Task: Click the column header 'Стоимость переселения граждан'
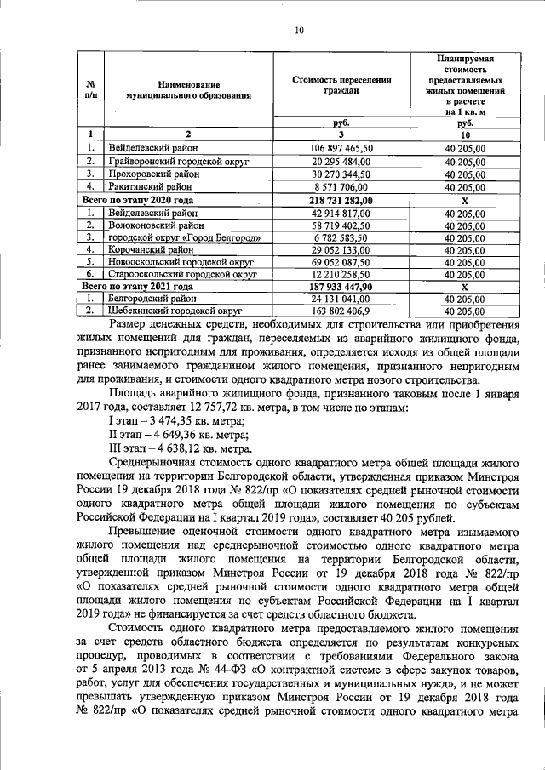point(341,85)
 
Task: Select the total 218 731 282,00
point(341,199)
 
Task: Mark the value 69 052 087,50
point(341,263)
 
